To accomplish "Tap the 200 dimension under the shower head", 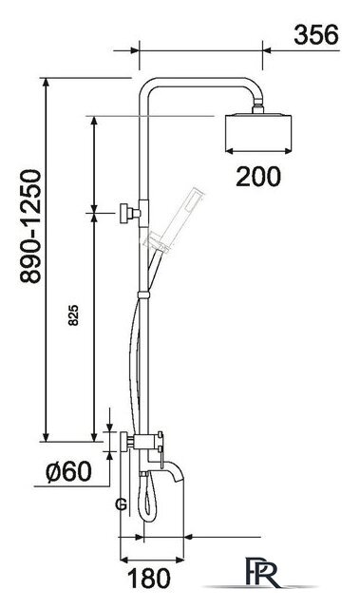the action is [257, 177].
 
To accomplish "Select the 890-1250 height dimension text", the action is [30, 226].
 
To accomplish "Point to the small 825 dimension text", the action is [73, 314].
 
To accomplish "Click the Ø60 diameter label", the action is [69, 471].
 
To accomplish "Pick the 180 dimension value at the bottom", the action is [149, 579].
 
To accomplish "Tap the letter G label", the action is [121, 504].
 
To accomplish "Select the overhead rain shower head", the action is [257, 133].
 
